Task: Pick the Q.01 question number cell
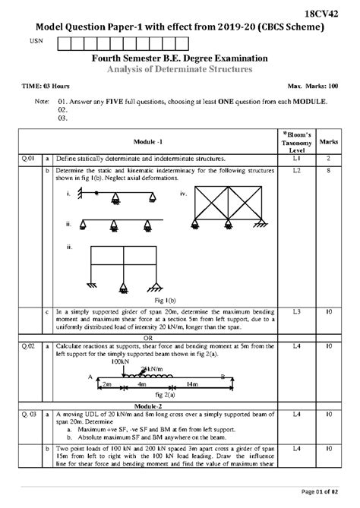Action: point(28,159)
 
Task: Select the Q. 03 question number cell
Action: point(28,415)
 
